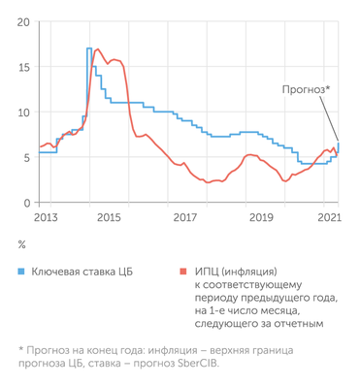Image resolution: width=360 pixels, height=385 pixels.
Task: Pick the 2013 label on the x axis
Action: (x=47, y=219)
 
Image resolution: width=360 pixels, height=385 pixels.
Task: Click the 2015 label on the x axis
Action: (x=111, y=219)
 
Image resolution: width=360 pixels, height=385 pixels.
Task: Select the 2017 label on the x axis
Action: (x=184, y=219)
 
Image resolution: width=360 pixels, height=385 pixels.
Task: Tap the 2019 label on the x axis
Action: (x=257, y=219)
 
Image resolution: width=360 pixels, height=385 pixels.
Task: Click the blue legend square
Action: (x=22, y=273)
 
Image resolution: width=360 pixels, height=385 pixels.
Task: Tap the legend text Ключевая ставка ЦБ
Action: (x=87, y=273)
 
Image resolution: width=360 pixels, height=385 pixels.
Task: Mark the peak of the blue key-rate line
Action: (x=88, y=48)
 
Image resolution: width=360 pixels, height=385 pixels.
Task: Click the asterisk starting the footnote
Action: (x=21, y=349)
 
